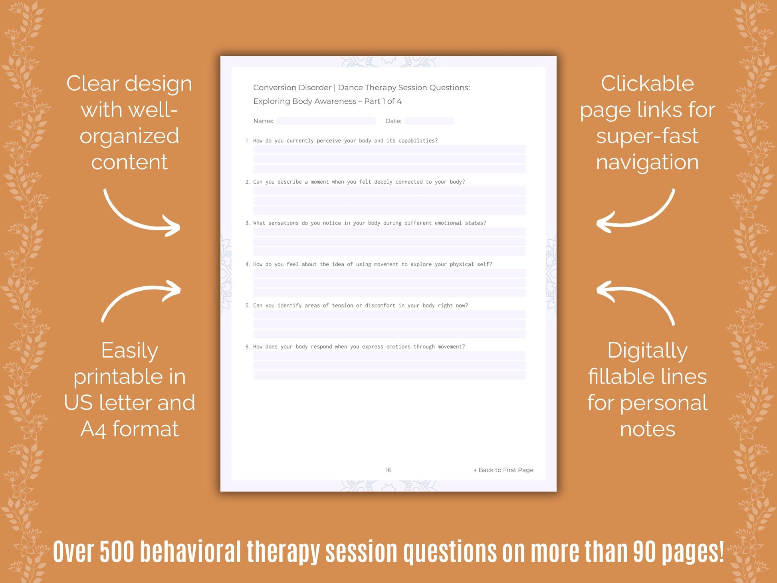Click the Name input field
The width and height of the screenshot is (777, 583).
coord(325,121)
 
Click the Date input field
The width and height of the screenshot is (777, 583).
coord(429,121)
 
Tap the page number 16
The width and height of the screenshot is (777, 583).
coord(388,470)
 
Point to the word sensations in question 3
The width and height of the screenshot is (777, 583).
coord(283,223)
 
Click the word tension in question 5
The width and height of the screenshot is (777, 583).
coord(343,305)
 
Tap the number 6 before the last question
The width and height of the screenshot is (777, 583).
coord(248,347)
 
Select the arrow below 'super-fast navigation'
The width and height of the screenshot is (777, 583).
coord(635,214)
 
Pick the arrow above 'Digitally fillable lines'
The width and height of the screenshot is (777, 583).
coord(635,299)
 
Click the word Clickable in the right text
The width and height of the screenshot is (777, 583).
coord(647,84)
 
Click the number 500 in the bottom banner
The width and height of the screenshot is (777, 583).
coord(117,552)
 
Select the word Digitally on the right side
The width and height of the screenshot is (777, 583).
coord(647,351)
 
